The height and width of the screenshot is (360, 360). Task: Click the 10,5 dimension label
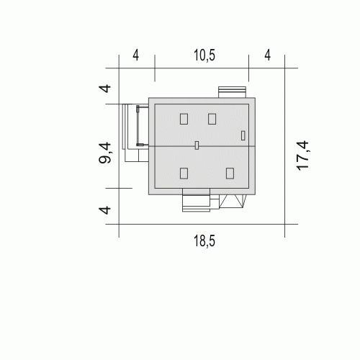tap(204, 55)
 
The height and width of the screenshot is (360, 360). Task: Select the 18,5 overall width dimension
tap(204, 240)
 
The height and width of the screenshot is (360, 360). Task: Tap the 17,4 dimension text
tap(302, 156)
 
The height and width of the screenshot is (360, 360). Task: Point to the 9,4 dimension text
tap(105, 153)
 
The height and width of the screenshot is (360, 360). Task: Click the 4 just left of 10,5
tap(136, 55)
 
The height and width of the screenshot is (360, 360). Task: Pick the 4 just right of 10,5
tap(268, 55)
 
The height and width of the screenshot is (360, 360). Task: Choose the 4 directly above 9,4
tap(105, 89)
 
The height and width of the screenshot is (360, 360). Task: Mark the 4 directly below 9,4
tap(105, 210)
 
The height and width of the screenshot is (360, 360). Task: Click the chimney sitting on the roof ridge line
tap(197, 145)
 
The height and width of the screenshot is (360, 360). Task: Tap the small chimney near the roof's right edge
tap(243, 135)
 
